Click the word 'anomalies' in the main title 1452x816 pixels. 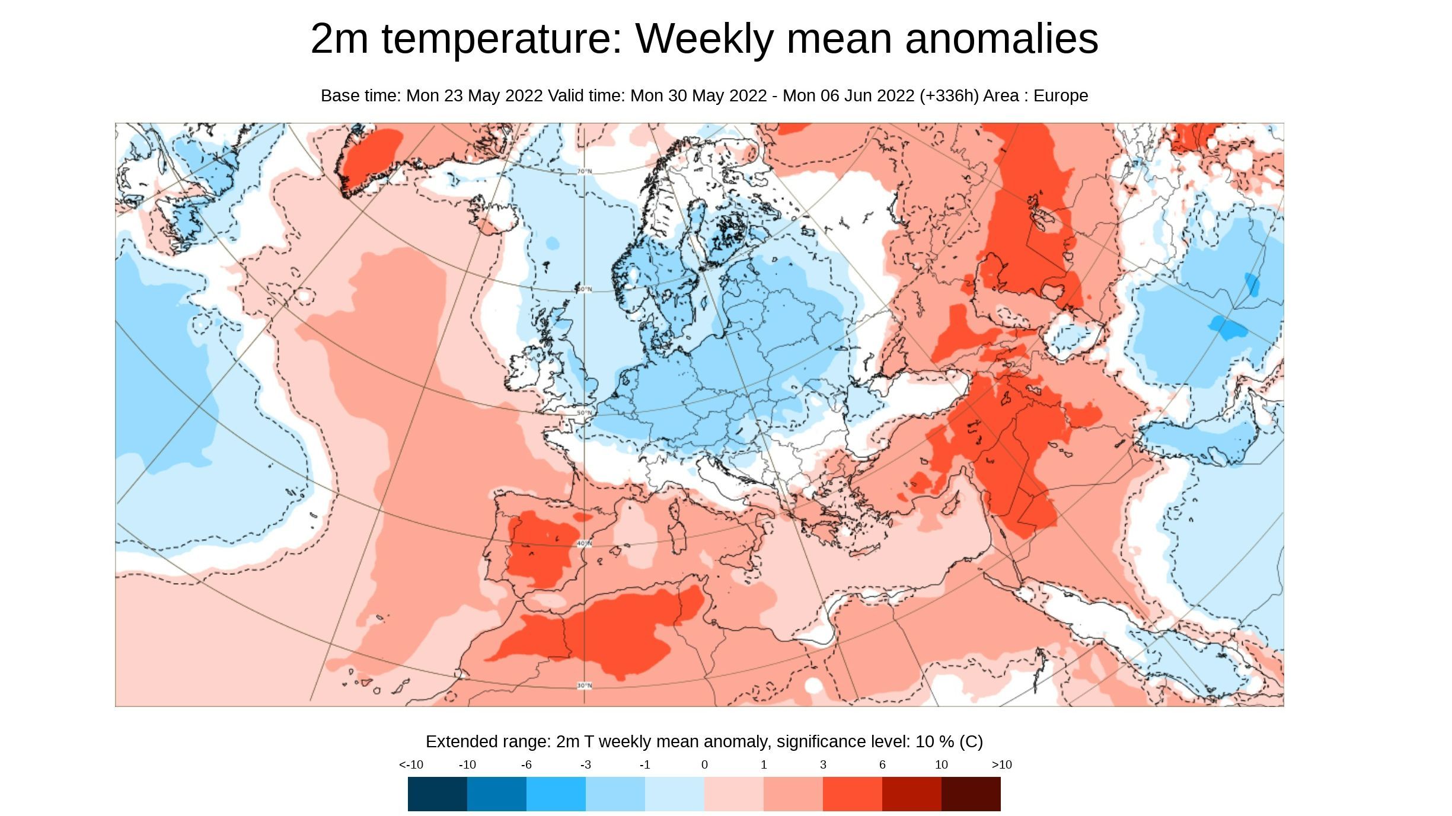[1001, 39]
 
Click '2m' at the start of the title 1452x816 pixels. [339, 39]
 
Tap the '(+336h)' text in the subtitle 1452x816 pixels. [949, 95]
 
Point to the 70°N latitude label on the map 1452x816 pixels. [584, 171]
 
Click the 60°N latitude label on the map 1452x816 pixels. [584, 289]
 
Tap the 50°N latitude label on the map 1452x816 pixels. [584, 413]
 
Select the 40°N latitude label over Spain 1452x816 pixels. [584, 543]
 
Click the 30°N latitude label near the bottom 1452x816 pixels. [584, 686]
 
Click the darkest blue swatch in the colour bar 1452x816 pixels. [437, 793]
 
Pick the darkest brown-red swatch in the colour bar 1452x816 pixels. [971, 793]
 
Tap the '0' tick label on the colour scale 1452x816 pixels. [704, 764]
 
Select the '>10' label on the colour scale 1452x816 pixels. [1001, 764]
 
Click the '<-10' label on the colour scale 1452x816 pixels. [411, 764]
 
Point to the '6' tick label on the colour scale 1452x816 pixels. [882, 764]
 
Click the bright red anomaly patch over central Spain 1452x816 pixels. [537, 548]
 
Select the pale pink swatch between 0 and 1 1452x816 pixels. [733, 793]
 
